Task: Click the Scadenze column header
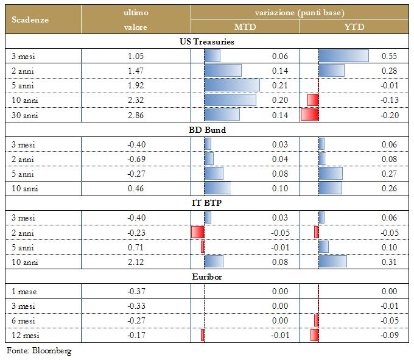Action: click(30, 19)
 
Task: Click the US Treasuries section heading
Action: click(208, 42)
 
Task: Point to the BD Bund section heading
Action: click(208, 130)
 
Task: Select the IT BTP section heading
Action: click(208, 203)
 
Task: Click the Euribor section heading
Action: click(208, 277)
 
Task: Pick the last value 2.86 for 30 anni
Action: click(135, 115)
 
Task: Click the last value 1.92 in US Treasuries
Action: click(135, 85)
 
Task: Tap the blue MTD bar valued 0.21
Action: click(232, 85)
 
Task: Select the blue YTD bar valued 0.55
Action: click(343, 56)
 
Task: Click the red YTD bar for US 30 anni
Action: click(310, 115)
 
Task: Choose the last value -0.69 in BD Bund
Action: click(135, 159)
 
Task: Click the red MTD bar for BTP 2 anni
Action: click(198, 232)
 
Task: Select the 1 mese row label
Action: click(24, 291)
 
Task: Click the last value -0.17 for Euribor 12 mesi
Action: click(135, 335)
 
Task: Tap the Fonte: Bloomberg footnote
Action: click(39, 351)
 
